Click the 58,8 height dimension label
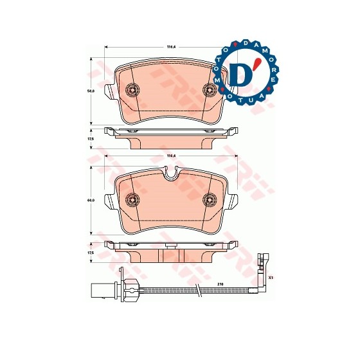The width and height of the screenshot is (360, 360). (x=91, y=92)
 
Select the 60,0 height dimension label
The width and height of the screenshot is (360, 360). (x=91, y=201)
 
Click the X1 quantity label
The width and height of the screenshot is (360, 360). (x=271, y=278)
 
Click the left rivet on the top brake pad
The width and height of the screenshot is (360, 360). (x=134, y=90)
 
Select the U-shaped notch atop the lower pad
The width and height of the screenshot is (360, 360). (x=170, y=173)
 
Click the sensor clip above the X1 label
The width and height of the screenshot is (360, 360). (x=260, y=263)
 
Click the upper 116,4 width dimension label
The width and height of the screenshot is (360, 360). (x=171, y=47)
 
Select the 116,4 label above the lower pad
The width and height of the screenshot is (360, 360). (x=171, y=156)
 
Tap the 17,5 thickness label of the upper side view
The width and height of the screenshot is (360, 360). (x=91, y=138)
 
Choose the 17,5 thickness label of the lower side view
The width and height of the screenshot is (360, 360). (x=91, y=253)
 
